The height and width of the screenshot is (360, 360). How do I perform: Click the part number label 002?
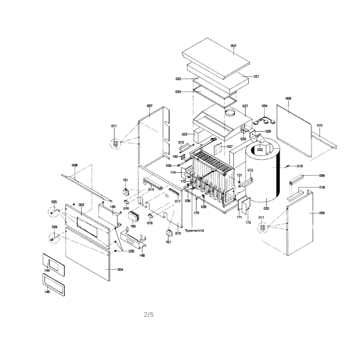233,46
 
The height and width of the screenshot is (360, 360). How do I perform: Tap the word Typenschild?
194,230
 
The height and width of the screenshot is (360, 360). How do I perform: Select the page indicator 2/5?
148,315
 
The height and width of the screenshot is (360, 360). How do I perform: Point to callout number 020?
266,208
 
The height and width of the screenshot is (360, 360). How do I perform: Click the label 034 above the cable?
265,106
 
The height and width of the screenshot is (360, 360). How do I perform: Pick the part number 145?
47,292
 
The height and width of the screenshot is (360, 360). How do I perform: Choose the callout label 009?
288,98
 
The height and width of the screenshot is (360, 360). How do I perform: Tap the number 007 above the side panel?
149,106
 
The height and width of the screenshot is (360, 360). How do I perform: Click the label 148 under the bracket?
142,255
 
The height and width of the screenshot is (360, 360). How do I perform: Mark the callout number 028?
131,251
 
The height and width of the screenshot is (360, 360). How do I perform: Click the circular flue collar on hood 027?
230,112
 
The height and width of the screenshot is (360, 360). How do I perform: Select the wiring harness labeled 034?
264,121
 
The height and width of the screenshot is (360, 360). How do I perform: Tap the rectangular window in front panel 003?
87,227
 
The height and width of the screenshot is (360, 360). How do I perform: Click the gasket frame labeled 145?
54,285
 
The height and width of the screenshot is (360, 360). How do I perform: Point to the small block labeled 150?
134,216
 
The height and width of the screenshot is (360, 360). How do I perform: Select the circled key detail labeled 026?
54,238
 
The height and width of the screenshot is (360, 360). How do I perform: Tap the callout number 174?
173,172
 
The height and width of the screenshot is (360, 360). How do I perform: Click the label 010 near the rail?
319,126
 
